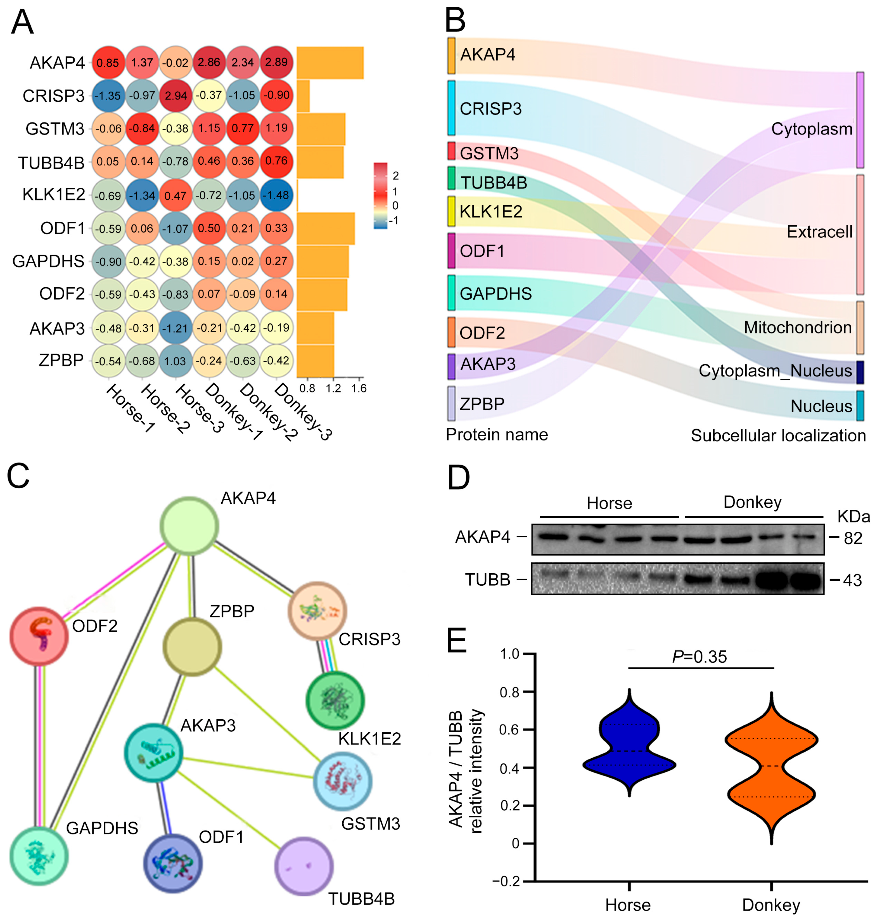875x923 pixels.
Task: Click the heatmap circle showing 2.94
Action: tap(176, 95)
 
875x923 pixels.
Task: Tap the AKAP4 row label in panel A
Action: tap(57, 63)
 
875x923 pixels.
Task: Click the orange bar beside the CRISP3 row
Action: tap(303, 96)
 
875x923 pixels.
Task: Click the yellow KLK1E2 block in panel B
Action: tap(451, 211)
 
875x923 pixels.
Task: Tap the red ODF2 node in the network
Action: tap(39, 636)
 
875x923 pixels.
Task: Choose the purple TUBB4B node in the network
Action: tap(304, 866)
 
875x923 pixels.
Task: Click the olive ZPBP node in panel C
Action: tap(192, 646)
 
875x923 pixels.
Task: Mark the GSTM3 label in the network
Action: tap(370, 823)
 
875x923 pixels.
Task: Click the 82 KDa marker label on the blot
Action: tap(853, 538)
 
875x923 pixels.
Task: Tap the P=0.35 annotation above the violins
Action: tap(699, 657)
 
